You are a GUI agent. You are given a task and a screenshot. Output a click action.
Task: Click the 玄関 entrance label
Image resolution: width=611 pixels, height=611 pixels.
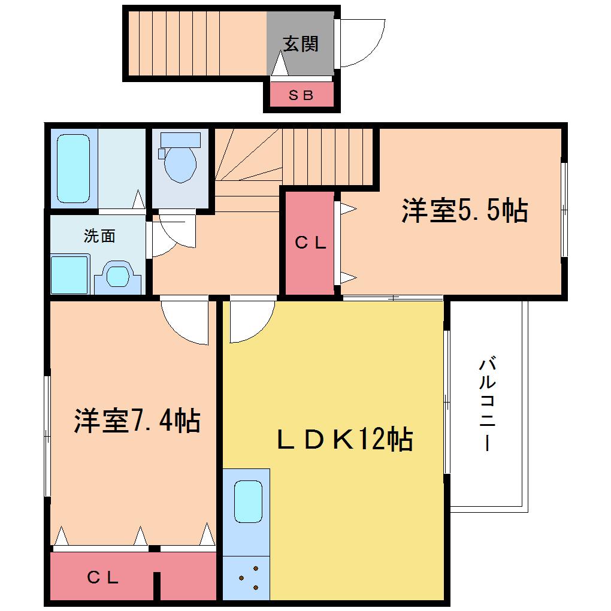[301, 44]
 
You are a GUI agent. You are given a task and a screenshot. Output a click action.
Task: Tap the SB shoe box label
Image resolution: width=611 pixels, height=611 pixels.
[301, 95]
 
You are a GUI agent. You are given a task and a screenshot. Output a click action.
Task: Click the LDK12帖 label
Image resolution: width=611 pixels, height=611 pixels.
[344, 438]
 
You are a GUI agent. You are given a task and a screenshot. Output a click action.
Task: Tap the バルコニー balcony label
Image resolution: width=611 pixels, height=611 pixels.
[487, 403]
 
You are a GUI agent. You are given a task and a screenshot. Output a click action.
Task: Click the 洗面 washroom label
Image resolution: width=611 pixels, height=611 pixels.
[99, 236]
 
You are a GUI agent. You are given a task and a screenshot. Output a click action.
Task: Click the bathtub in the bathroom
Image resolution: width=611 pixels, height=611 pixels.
[73, 168]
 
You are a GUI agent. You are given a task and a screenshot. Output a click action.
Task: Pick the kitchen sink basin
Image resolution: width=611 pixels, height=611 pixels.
[248, 501]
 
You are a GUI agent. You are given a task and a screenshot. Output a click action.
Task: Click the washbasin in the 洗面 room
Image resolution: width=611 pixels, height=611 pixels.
[117, 276]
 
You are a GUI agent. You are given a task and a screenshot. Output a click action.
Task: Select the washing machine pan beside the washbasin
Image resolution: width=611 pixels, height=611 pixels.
[70, 274]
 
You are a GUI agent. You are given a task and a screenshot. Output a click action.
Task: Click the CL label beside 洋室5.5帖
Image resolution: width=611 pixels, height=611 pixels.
[310, 243]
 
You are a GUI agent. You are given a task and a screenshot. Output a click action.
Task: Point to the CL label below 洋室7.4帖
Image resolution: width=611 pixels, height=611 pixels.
[103, 577]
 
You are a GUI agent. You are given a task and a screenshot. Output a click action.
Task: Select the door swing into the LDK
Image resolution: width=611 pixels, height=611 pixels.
[253, 322]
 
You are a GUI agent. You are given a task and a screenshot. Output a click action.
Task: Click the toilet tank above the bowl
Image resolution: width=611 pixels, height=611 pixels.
[180, 140]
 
